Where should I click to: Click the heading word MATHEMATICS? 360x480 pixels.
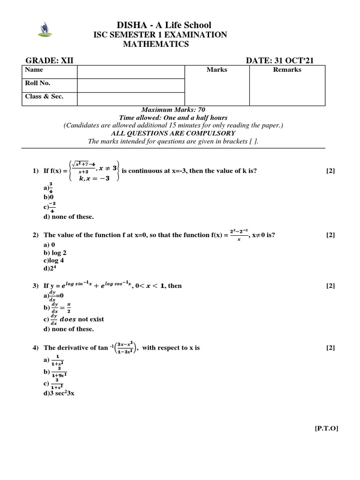156,44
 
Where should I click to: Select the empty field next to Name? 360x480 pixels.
131,71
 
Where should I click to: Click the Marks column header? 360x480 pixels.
217,70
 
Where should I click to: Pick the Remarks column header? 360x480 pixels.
287,70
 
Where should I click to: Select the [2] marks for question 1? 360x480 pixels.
330,171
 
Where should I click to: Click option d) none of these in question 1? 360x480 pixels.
68,217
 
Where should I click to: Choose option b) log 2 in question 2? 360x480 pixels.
55,253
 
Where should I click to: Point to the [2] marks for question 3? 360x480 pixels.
330,285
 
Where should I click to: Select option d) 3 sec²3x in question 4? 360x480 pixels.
59,393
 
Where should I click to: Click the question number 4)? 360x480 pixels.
36,348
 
